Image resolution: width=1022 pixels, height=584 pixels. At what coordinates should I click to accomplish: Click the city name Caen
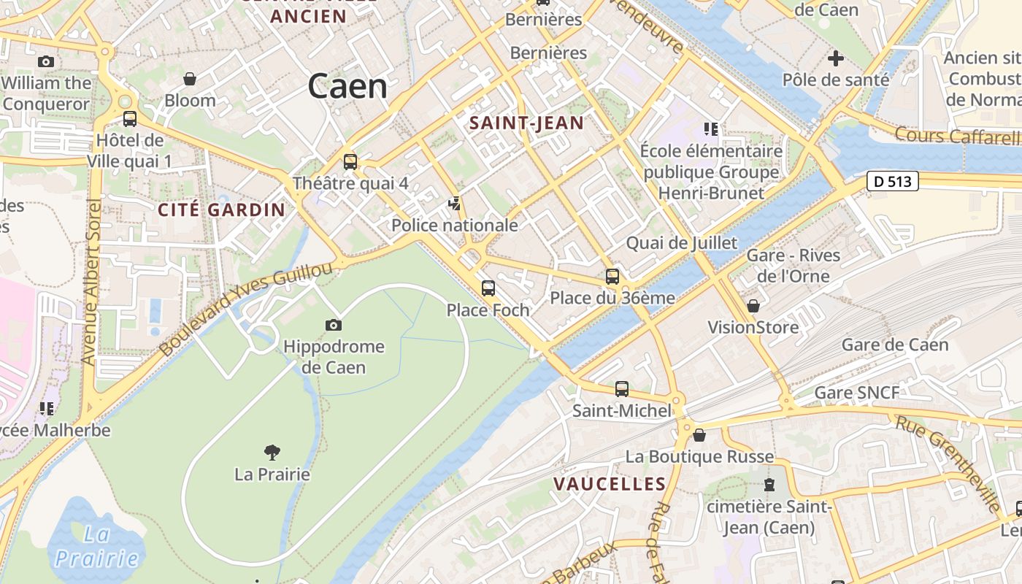(347, 86)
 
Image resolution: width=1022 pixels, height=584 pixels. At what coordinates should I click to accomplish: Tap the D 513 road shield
(892, 181)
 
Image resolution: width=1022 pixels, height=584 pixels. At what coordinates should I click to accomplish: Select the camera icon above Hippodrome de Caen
(334, 325)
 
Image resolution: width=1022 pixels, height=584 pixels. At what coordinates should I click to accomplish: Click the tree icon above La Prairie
(272, 453)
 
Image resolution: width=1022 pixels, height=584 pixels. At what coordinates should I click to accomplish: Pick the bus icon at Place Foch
(488, 288)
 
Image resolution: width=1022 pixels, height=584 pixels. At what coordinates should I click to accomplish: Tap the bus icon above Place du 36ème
(612, 276)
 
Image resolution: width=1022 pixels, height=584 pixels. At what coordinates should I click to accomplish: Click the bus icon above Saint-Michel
(622, 389)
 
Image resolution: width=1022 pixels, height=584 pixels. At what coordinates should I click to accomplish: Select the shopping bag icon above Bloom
(190, 78)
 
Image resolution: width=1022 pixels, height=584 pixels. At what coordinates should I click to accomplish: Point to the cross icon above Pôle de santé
(836, 58)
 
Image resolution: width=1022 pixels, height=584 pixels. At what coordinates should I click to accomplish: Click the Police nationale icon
(456, 204)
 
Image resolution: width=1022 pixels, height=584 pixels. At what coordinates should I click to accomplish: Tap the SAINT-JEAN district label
(526, 123)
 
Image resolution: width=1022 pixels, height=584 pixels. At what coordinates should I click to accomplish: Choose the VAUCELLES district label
(610, 484)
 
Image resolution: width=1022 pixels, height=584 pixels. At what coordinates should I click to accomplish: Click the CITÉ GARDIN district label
(222, 210)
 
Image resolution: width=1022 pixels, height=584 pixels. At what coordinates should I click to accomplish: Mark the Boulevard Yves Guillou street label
(245, 309)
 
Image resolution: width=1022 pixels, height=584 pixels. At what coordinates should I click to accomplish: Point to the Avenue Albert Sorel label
(91, 281)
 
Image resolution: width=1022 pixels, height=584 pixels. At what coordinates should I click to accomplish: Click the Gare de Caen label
(895, 345)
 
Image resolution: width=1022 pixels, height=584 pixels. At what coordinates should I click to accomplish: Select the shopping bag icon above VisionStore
(753, 306)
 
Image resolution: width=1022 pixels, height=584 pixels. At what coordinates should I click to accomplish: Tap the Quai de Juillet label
(682, 243)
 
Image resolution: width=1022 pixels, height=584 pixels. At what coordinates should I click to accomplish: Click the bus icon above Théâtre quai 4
(350, 161)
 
